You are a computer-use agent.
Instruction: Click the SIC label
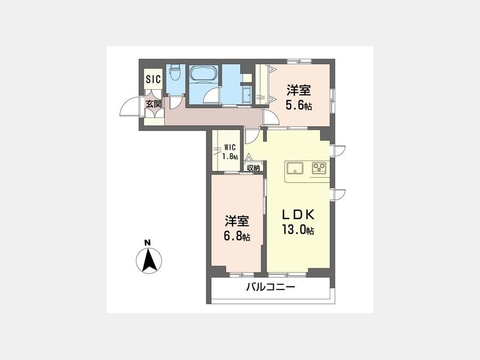(153, 79)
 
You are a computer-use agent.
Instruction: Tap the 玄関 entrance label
(154, 104)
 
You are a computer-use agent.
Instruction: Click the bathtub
(203, 74)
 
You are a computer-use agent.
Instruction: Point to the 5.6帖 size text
(299, 105)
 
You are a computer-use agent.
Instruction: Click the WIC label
(229, 148)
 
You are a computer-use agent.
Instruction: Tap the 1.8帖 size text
(230, 157)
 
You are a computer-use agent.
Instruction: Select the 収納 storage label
(253, 168)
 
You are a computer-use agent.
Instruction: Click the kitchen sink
(294, 168)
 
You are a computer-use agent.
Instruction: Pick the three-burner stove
(319, 168)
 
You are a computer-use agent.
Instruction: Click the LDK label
(298, 215)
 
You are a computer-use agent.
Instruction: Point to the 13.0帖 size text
(298, 230)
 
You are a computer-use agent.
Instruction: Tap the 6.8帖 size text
(237, 236)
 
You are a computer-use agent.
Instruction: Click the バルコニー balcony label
(271, 287)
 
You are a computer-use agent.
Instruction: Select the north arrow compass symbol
(149, 261)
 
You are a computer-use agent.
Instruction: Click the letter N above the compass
(148, 243)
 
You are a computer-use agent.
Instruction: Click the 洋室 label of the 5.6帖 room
(299, 90)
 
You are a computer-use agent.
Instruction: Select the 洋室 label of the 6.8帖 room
(237, 221)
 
